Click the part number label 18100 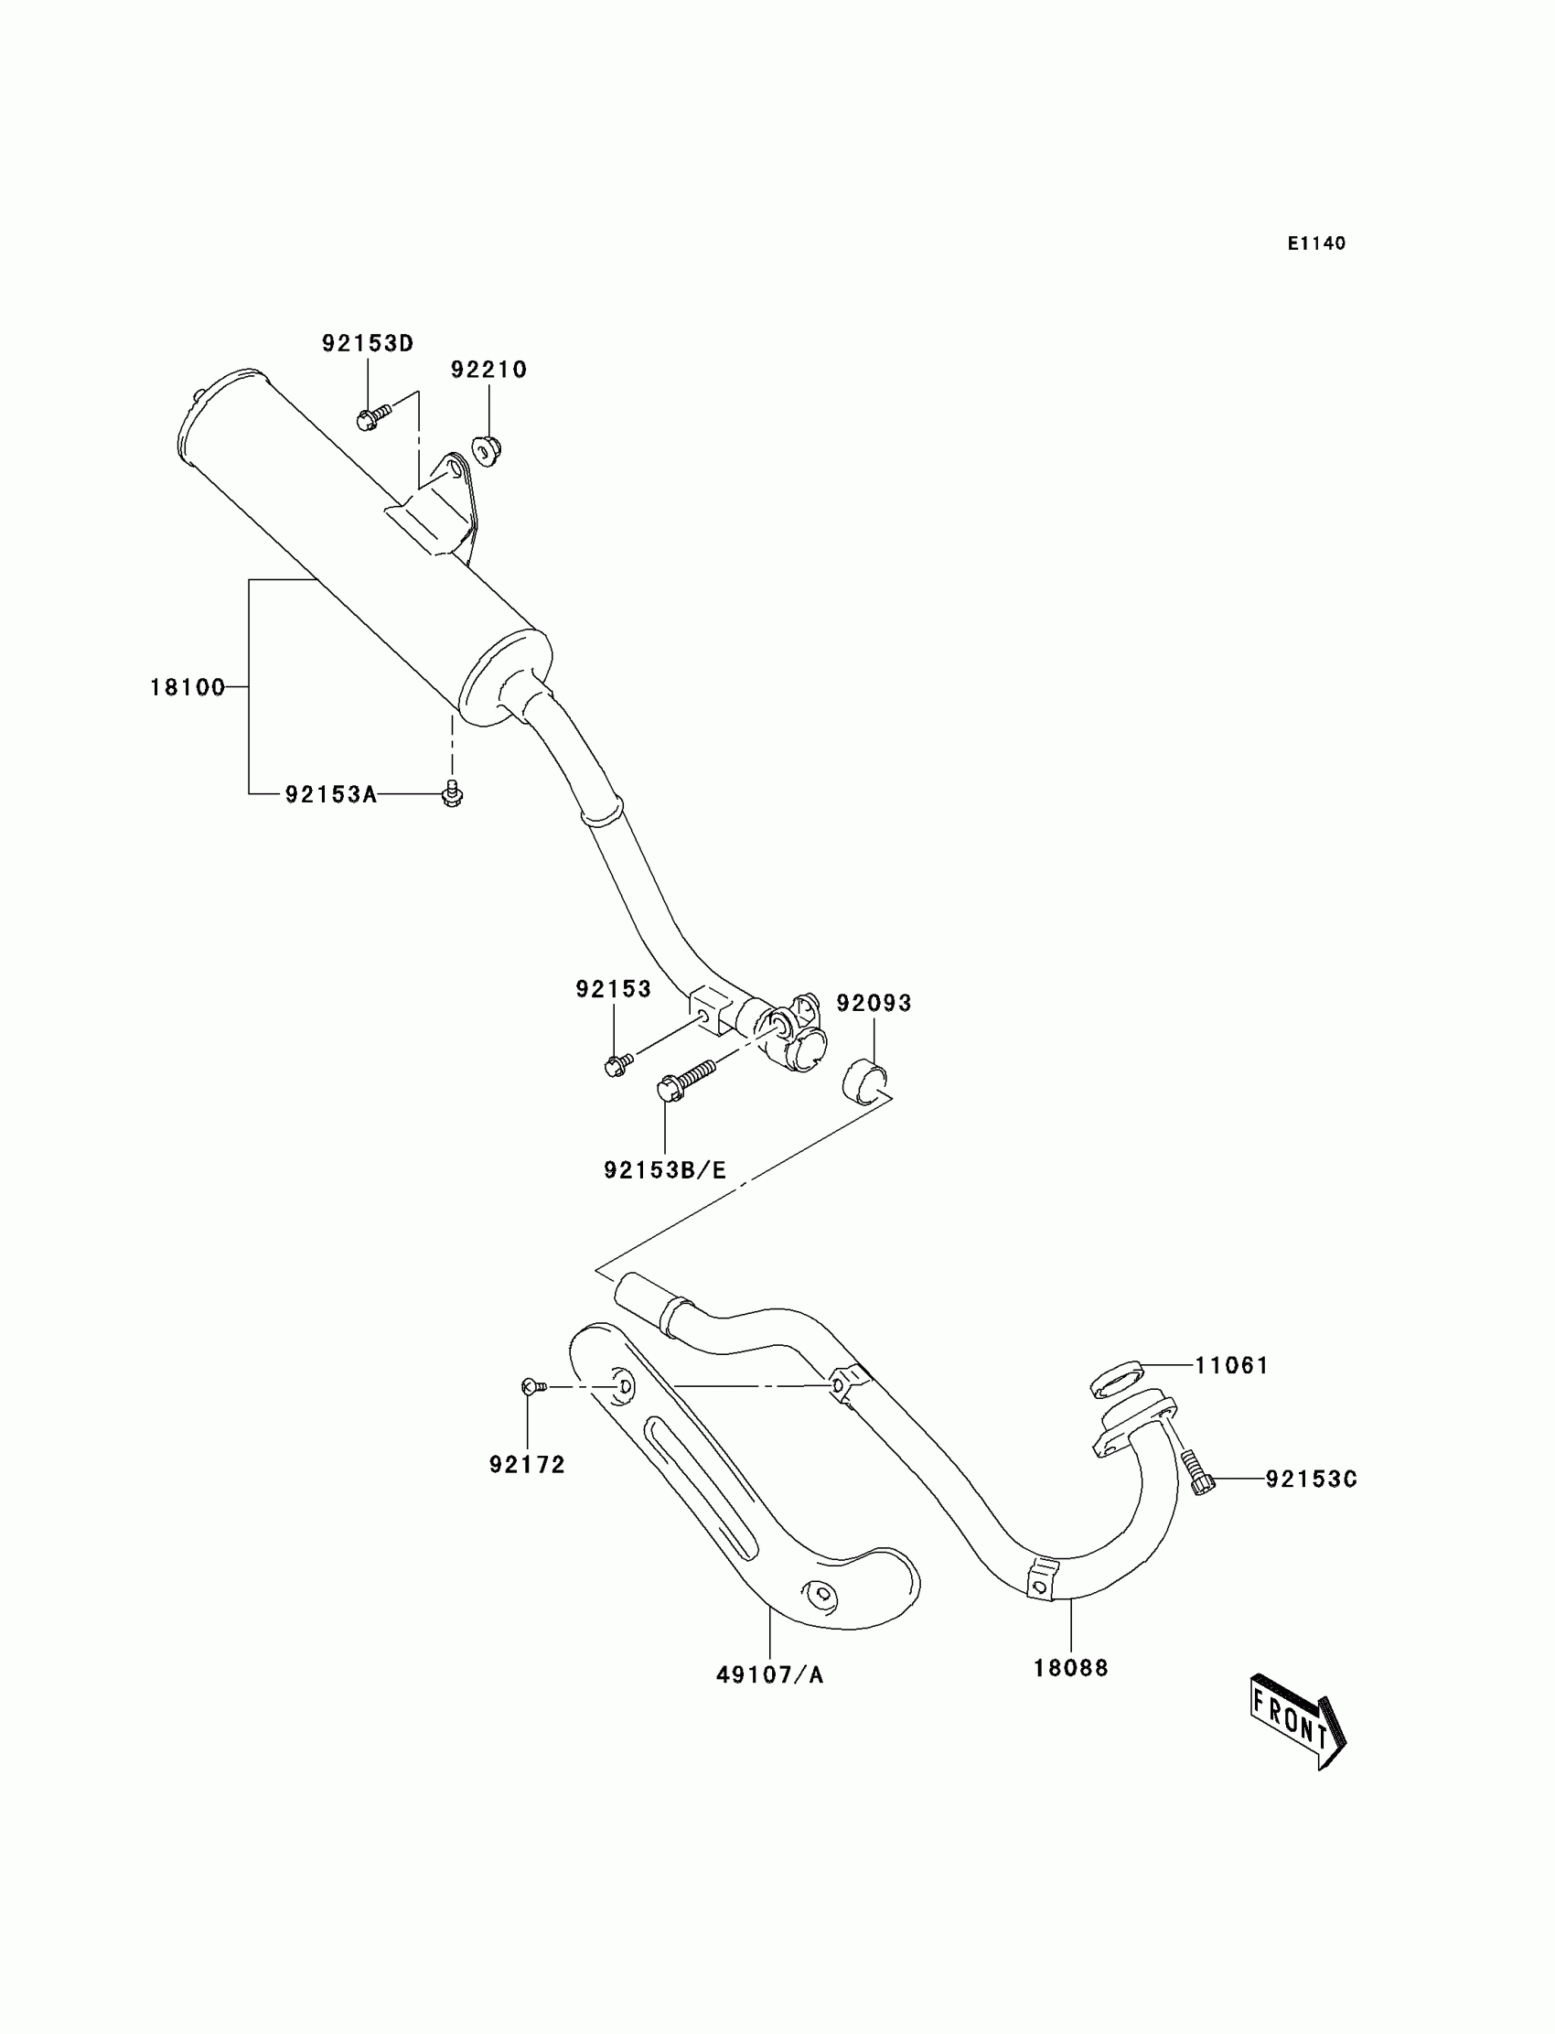(x=187, y=687)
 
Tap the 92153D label (x=368, y=343)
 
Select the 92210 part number (x=488, y=370)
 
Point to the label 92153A (x=330, y=794)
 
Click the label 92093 (x=874, y=1003)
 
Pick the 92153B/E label (x=665, y=1170)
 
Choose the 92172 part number (x=527, y=1465)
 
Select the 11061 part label (x=1231, y=1365)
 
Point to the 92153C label (x=1311, y=1480)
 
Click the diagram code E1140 (x=1316, y=243)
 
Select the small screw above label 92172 (x=533, y=1386)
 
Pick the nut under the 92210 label (x=486, y=449)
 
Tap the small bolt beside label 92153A (x=453, y=793)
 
